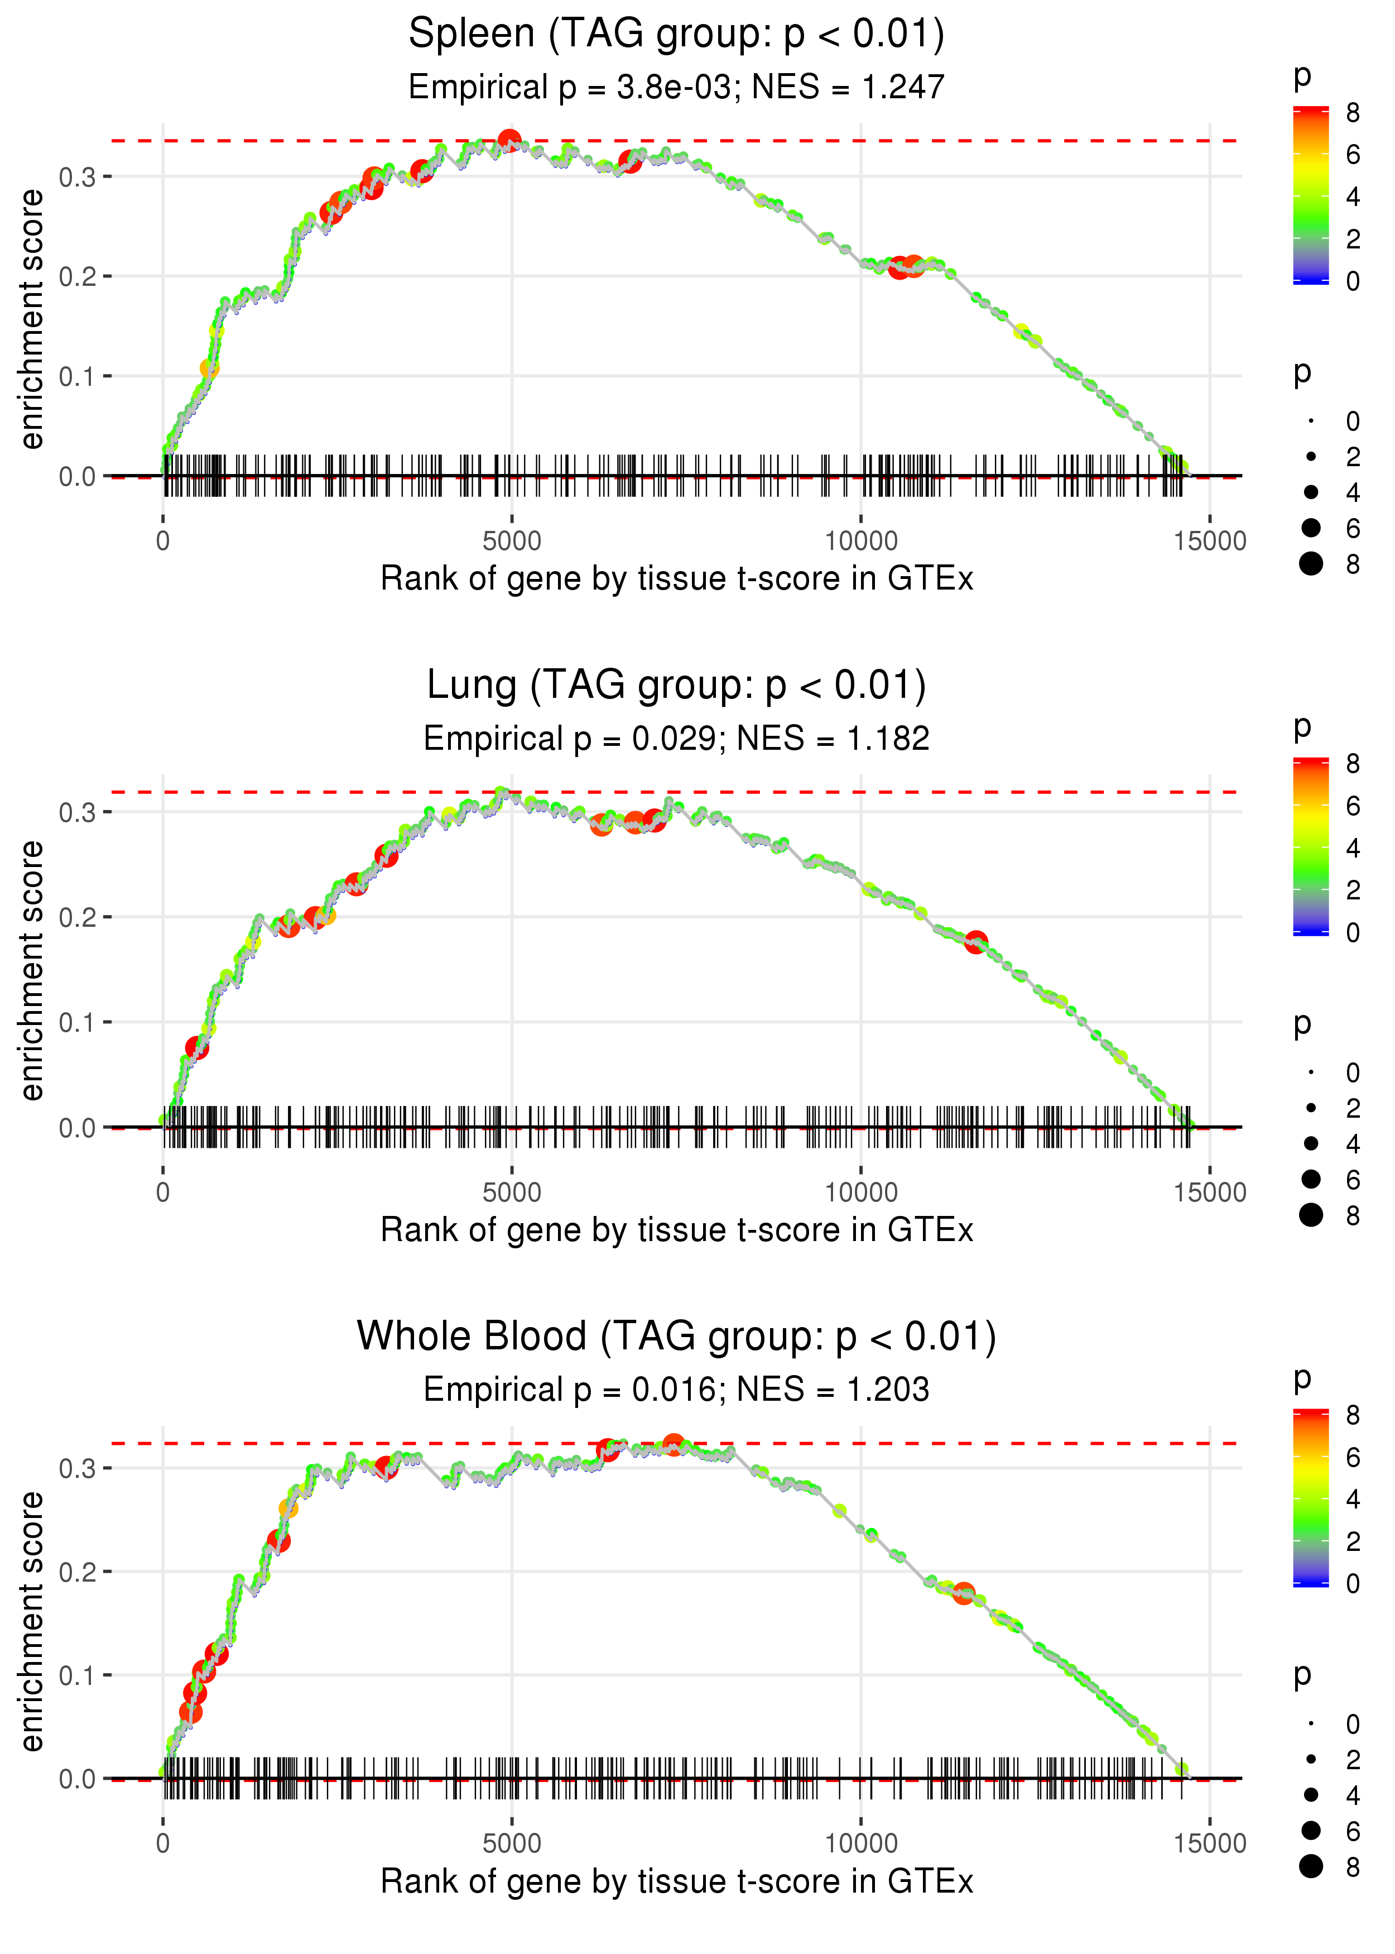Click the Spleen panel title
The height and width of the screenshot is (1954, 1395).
pos(676,35)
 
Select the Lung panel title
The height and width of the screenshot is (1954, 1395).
pos(676,686)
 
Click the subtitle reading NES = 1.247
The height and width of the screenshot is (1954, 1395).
pos(676,87)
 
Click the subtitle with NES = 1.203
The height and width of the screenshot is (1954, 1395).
pos(676,1390)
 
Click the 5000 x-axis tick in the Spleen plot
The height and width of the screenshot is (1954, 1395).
pos(512,542)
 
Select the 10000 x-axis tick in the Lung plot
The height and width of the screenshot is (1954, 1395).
pos(860,1192)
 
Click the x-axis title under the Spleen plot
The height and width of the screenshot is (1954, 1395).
pos(676,579)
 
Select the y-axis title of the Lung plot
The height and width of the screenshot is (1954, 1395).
pos(32,971)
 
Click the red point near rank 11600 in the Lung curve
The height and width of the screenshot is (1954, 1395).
pos(976,942)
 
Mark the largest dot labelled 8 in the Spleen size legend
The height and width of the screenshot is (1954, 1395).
pos(1311,564)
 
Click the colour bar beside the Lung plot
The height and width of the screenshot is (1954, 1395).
pos(1310,846)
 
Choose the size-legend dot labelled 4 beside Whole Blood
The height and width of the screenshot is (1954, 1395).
pos(1311,1795)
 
